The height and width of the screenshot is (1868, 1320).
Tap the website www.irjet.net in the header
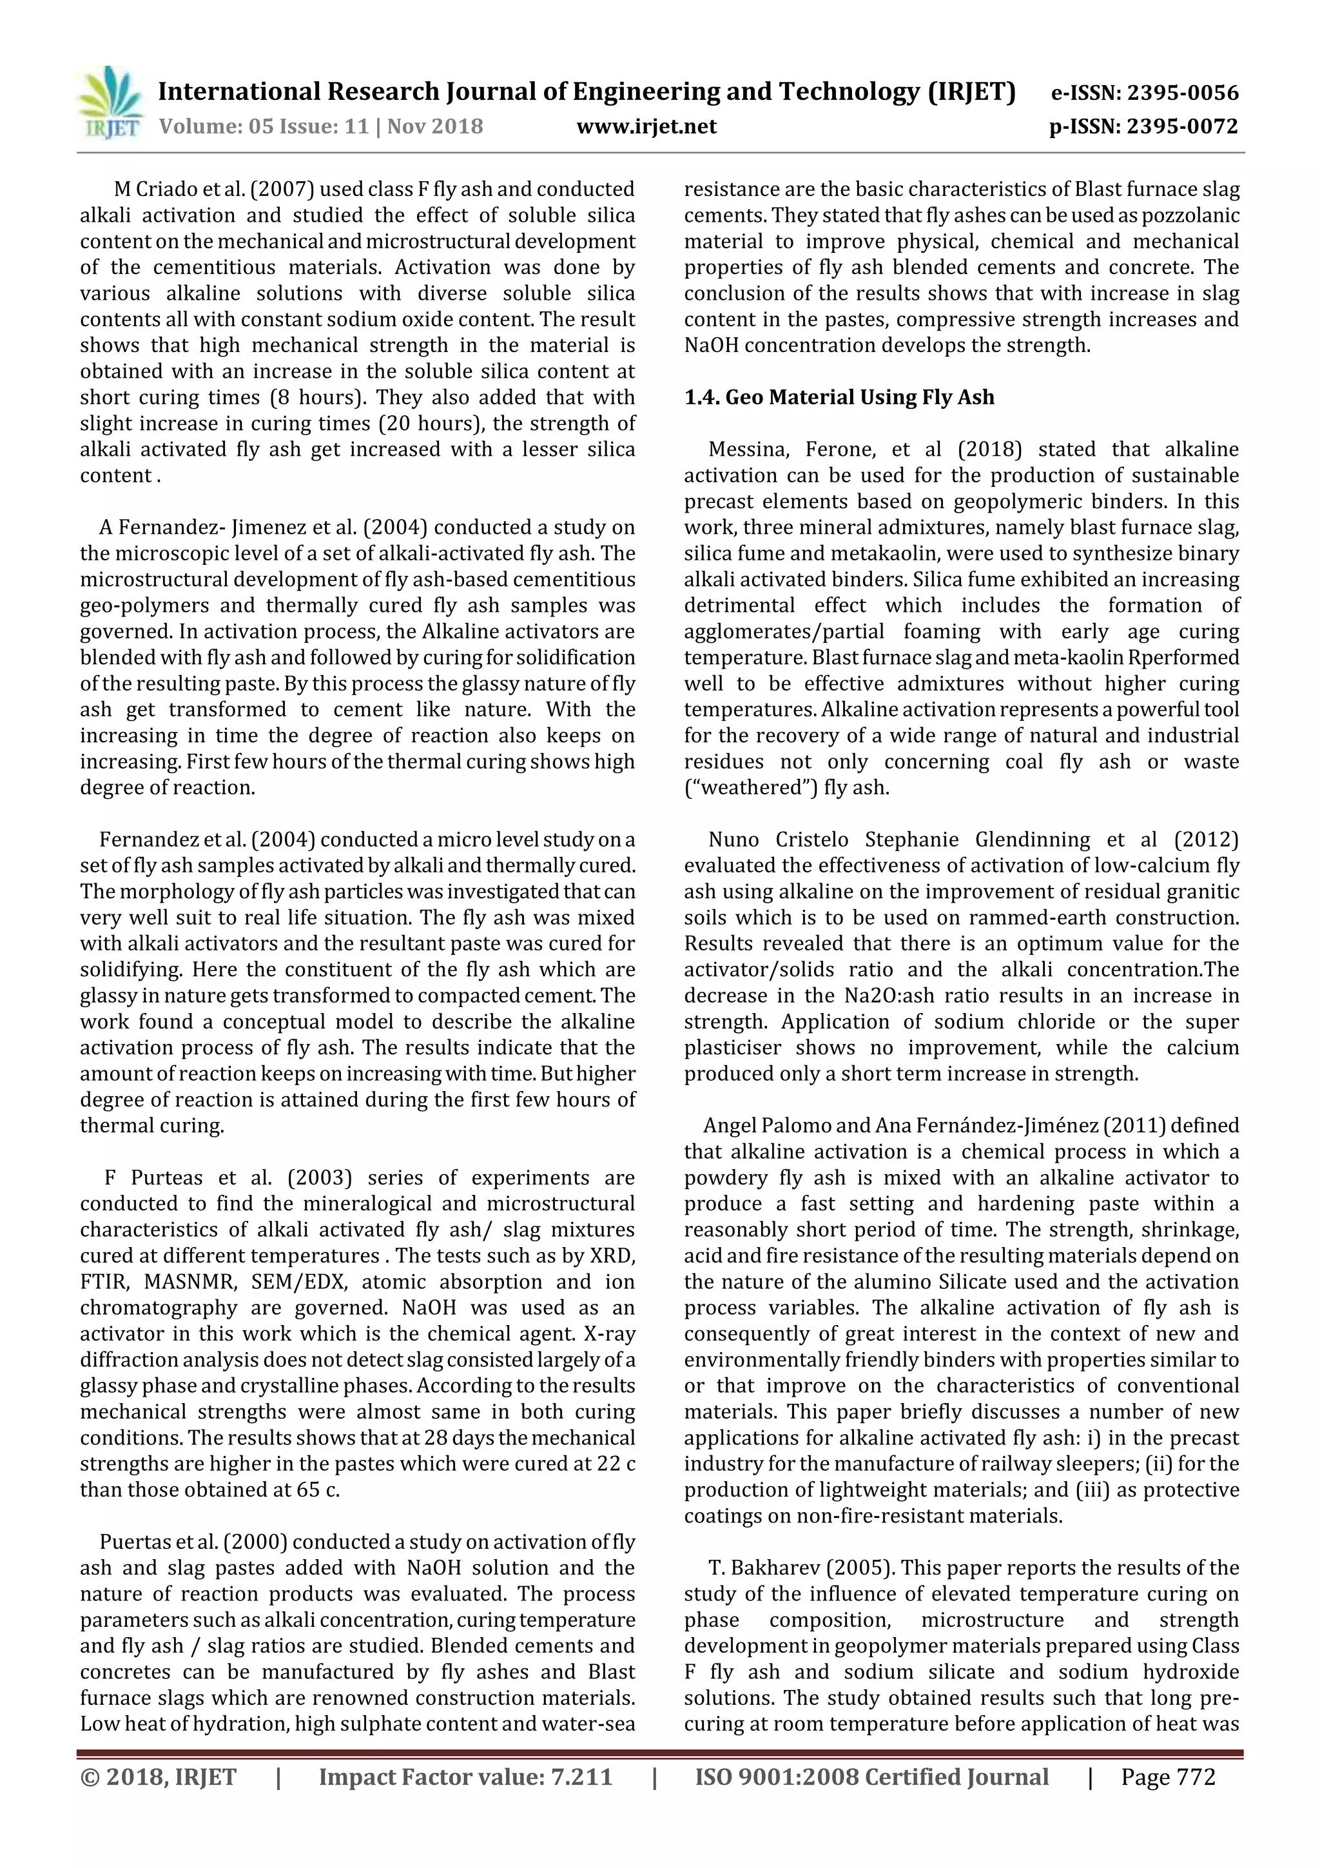click(646, 126)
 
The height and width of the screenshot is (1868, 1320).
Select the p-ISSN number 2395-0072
click(1181, 126)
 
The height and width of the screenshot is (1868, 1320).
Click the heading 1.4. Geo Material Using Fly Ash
click(839, 397)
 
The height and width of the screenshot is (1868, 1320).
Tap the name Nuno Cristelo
click(779, 840)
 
